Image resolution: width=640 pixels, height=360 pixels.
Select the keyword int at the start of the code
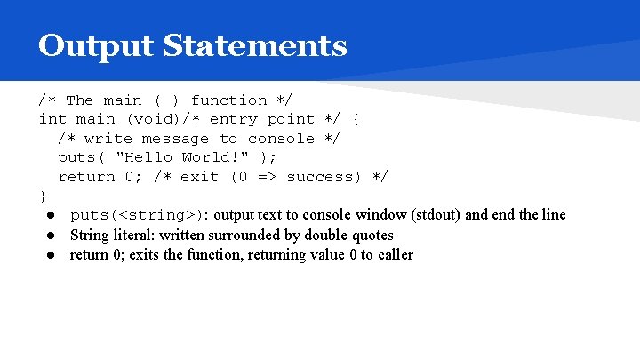point(52,119)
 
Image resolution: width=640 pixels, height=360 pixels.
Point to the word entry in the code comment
point(234,119)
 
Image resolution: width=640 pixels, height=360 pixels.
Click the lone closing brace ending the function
point(43,196)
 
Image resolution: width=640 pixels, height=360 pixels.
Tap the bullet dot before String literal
point(53,236)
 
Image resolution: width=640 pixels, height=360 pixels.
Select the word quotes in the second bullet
point(373,236)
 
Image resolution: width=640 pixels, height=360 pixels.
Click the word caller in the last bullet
point(395,255)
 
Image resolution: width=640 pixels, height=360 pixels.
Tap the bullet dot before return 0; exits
point(53,255)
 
